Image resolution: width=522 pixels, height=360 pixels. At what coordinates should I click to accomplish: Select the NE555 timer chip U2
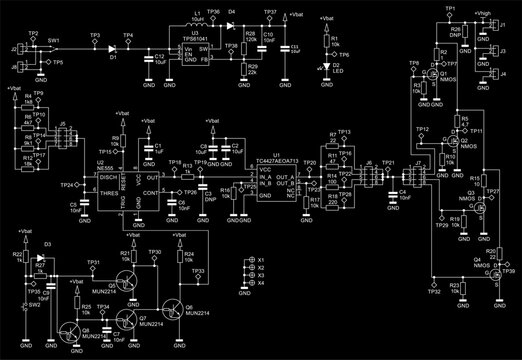[x=111, y=185]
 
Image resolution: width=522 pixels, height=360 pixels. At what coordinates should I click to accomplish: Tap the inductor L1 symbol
[x=196, y=24]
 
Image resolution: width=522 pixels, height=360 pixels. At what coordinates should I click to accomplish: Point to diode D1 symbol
[x=113, y=46]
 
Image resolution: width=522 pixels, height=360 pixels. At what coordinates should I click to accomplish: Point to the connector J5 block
[x=62, y=135]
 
